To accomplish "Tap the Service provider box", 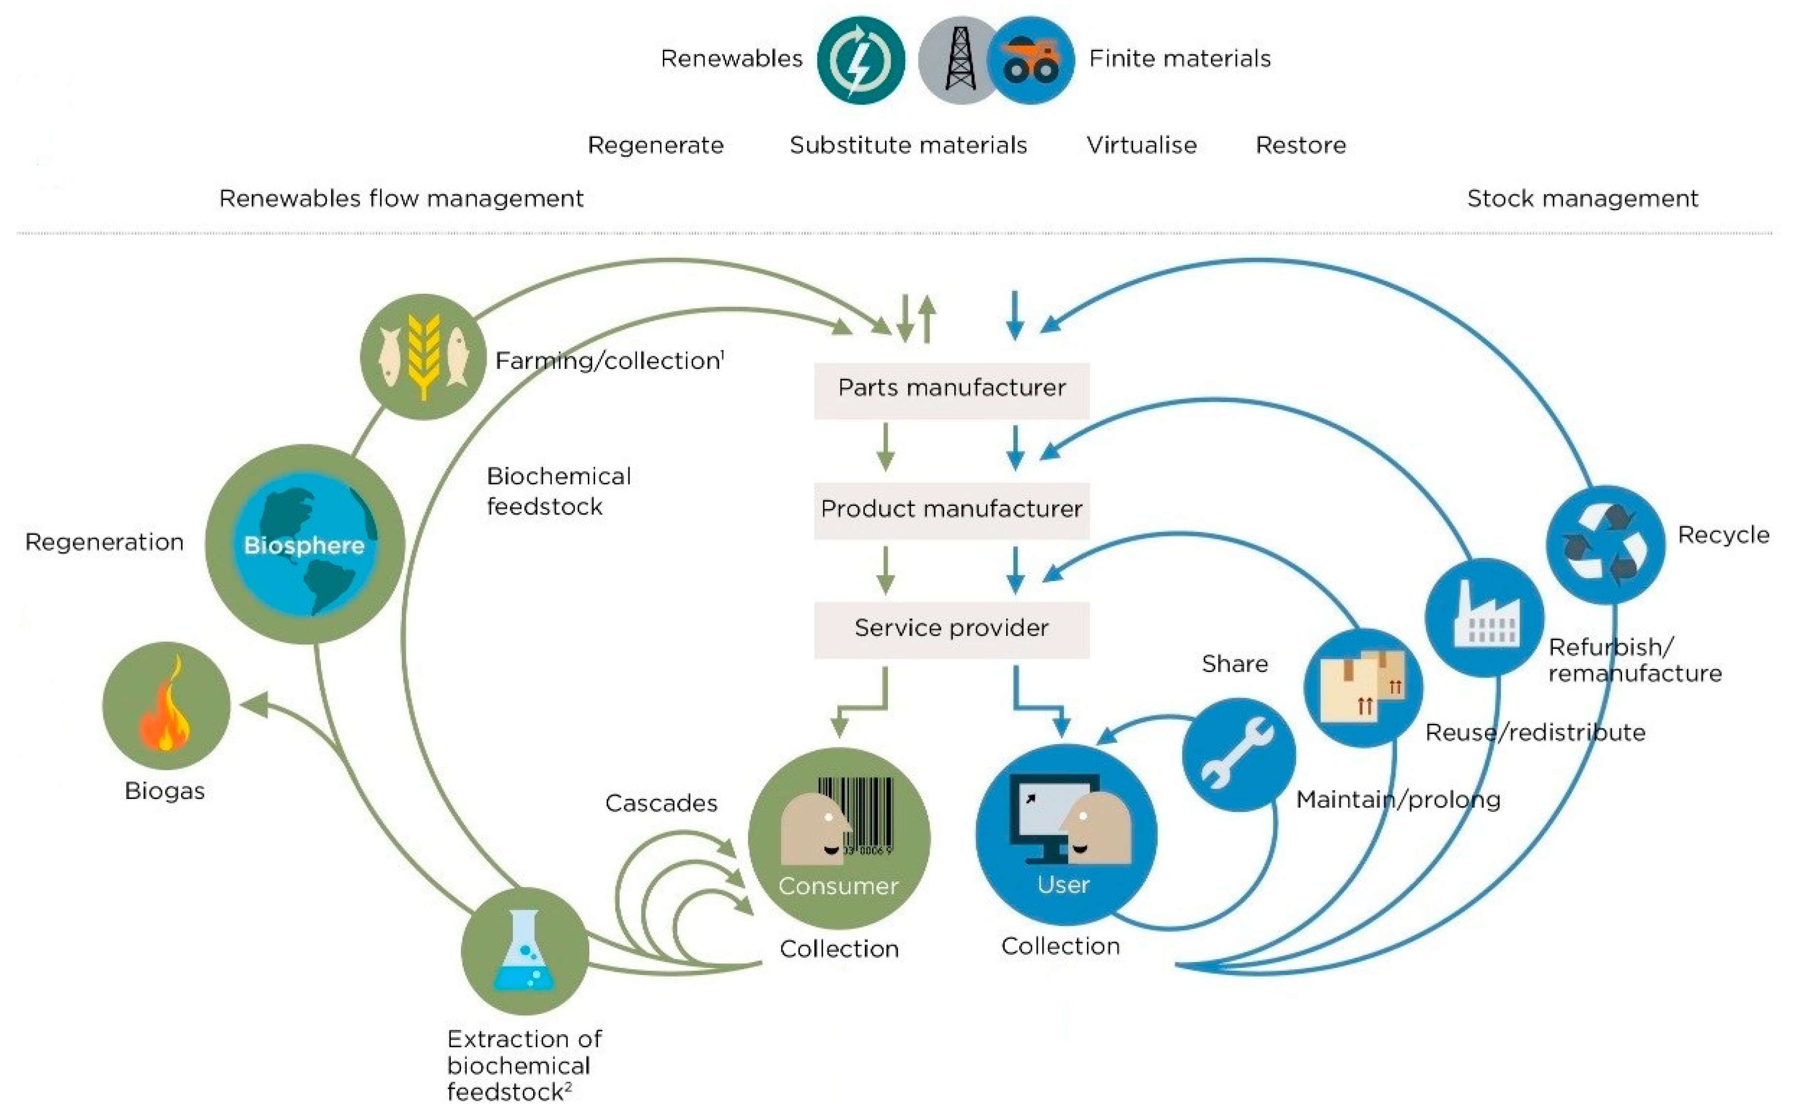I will (951, 628).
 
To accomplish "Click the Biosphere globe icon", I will (305, 545).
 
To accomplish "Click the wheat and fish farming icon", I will (423, 357).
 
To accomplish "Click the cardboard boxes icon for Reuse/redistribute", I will (1363, 687).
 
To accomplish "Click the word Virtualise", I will (1141, 145).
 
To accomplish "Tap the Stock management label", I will (1582, 199).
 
